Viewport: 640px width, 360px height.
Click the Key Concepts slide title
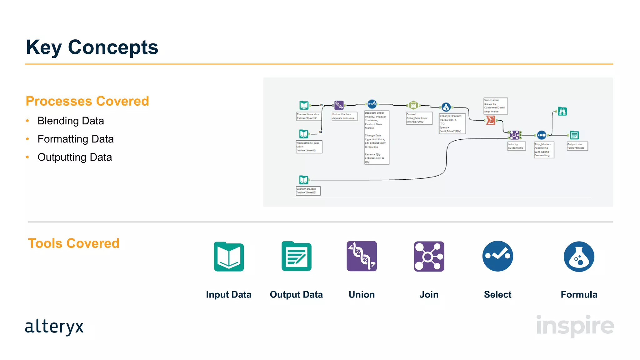click(92, 47)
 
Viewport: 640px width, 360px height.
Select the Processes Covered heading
click(87, 101)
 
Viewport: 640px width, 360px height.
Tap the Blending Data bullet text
click(71, 121)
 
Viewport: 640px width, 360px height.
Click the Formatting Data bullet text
click(75, 139)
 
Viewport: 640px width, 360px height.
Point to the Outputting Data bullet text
click(74, 157)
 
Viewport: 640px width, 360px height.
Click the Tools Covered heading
click(74, 243)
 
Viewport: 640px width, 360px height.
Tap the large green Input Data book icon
click(229, 257)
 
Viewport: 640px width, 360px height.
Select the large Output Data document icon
click(296, 256)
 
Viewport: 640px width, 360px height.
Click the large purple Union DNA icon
click(362, 256)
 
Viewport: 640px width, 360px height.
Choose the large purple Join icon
click(429, 256)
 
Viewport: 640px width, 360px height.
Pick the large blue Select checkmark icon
click(497, 256)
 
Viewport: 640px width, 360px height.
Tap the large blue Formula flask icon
click(579, 257)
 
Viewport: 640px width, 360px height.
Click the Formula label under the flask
click(579, 294)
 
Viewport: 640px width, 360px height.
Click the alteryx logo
click(54, 327)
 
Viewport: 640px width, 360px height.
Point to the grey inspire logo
click(575, 326)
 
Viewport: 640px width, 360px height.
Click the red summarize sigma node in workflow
click(491, 120)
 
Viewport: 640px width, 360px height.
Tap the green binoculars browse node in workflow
click(562, 111)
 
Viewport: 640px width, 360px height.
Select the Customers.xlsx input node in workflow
click(303, 180)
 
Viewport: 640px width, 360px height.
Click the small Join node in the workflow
click(514, 135)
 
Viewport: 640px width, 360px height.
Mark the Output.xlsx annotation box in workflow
click(577, 146)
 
